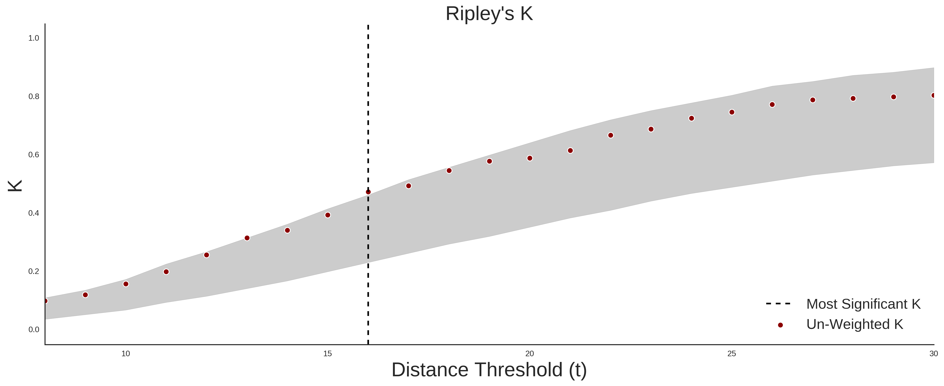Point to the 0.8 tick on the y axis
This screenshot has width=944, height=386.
click(x=34, y=97)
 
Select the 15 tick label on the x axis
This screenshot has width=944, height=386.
click(x=328, y=354)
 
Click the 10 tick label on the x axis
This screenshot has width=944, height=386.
click(x=126, y=354)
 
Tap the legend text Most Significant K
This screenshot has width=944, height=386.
click(x=863, y=304)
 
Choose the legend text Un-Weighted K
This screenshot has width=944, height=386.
click(x=855, y=324)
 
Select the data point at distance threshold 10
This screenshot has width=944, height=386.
click(x=126, y=284)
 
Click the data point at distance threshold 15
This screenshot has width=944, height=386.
click(x=328, y=215)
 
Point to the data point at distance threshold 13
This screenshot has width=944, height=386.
click(x=247, y=238)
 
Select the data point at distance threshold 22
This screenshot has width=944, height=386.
click(x=611, y=135)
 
